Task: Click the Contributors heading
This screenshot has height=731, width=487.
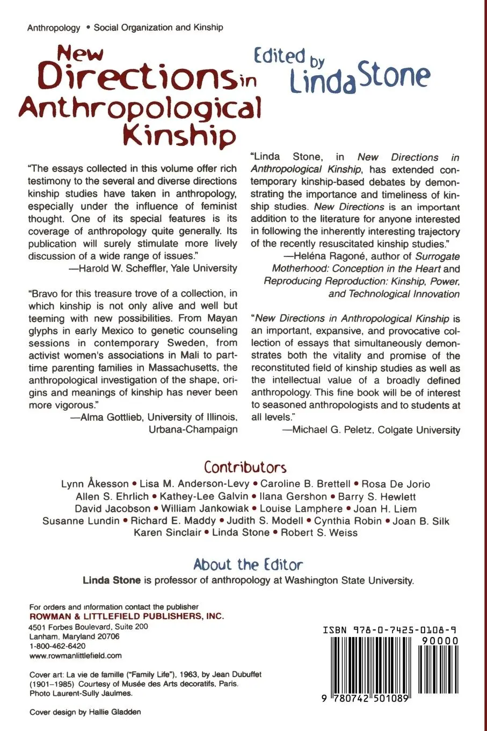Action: coord(245,467)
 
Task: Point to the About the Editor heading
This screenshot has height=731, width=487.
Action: coord(248,564)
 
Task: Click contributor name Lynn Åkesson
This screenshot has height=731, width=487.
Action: coord(95,484)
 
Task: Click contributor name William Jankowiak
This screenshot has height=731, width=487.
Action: coord(205,508)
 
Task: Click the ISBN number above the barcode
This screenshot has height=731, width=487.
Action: coord(390,630)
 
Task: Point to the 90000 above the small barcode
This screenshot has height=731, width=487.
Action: coord(440,641)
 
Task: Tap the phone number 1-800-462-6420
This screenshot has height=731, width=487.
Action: coord(57,646)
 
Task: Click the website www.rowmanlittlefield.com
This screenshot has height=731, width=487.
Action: coord(76,656)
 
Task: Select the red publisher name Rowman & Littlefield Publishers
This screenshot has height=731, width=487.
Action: coord(127,617)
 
